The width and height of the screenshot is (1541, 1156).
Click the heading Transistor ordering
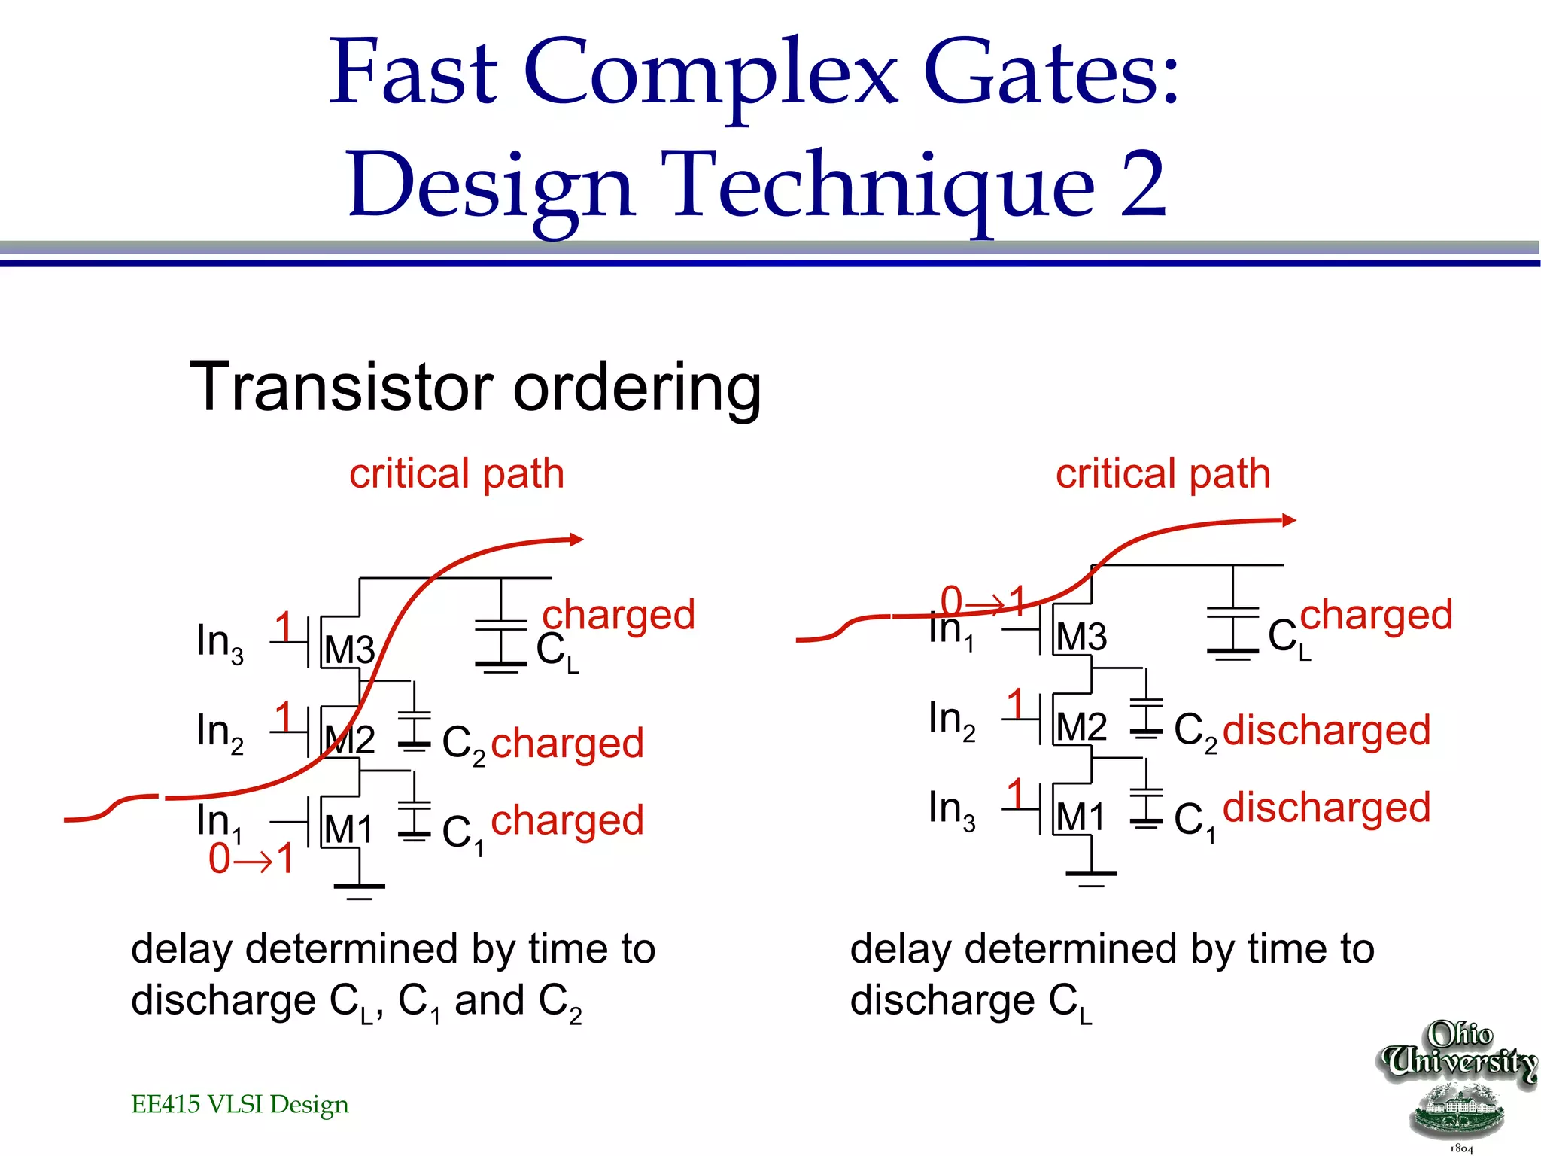(476, 388)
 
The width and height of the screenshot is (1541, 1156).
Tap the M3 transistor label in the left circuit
(349, 649)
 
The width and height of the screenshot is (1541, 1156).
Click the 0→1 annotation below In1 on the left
(251, 859)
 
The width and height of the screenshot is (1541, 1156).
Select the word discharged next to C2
(1326, 731)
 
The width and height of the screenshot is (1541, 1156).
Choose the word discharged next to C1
(1326, 808)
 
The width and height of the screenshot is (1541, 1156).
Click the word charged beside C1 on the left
(567, 820)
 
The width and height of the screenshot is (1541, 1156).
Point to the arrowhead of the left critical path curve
(576, 539)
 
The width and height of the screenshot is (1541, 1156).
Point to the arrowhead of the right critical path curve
(1289, 520)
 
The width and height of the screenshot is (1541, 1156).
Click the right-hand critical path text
(1163, 474)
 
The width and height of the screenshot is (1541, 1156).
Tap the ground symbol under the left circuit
(359, 888)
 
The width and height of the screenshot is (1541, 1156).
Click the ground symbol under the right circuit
(1091, 875)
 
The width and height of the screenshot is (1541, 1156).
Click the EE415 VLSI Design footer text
(239, 1104)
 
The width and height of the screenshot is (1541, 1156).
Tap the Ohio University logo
(1458, 1085)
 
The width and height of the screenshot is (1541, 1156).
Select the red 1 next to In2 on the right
(1016, 704)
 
